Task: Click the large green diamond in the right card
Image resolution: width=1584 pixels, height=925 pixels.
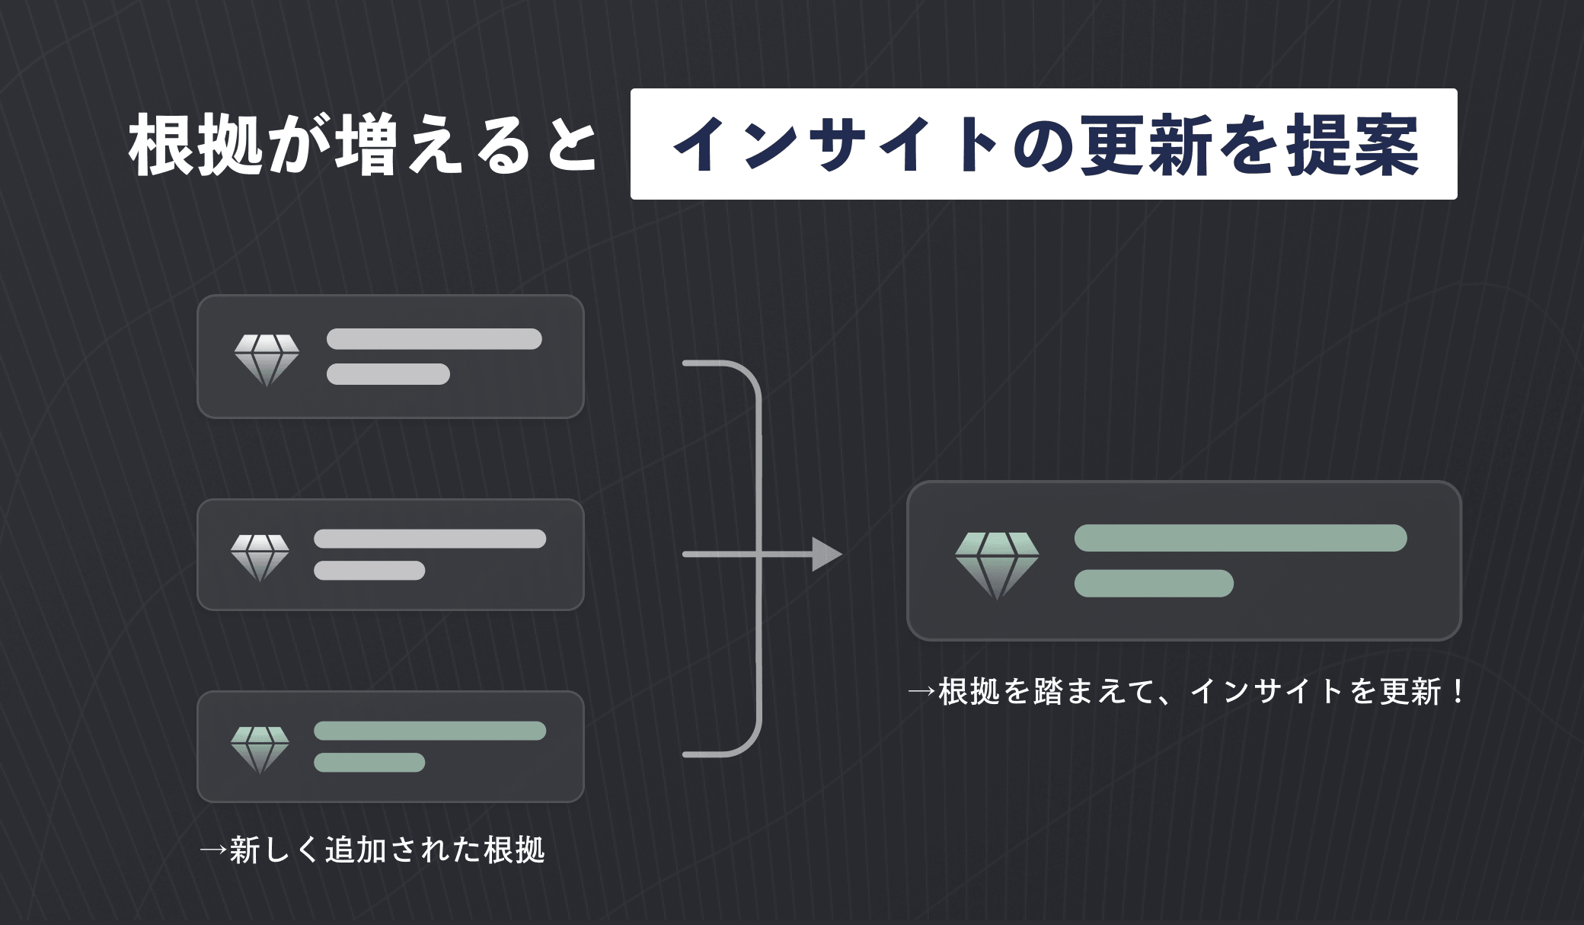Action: point(997,565)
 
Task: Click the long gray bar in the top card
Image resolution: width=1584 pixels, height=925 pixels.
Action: point(434,339)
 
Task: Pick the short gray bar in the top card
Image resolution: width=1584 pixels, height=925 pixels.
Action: point(388,374)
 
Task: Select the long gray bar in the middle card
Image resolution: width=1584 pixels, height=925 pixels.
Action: point(430,539)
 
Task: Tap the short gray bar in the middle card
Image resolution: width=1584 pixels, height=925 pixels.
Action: point(369,571)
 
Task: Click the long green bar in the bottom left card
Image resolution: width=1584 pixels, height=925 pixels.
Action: point(430,731)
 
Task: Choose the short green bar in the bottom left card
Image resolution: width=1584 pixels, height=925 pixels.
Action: point(369,763)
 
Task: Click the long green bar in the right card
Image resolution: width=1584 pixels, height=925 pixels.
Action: point(1240,538)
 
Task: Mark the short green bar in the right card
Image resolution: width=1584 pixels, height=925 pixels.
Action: point(1154,583)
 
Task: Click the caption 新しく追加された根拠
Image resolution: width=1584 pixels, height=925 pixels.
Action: point(387,850)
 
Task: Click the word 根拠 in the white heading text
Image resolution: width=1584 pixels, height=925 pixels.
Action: point(196,145)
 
